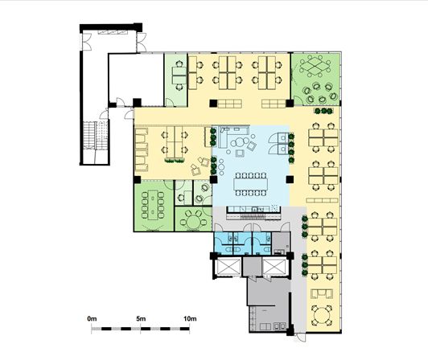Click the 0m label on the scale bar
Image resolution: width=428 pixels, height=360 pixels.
(92, 318)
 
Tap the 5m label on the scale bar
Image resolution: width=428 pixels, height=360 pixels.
(141, 318)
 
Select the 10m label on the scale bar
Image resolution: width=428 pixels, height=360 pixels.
(190, 318)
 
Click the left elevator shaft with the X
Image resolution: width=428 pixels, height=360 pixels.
(228, 267)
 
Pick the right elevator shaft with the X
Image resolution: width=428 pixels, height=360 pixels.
(274, 267)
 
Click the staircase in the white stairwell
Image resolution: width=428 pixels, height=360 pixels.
(96, 136)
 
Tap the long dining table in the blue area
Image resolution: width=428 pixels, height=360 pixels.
(250, 184)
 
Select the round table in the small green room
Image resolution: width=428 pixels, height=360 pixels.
(193, 221)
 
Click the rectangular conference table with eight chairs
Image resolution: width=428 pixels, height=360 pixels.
(153, 205)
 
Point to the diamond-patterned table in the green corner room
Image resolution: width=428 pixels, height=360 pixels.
(315, 65)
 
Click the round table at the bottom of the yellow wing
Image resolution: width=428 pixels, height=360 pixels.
(322, 316)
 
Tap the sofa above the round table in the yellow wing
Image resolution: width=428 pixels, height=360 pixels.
(322, 294)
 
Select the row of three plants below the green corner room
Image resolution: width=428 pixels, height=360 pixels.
(323, 111)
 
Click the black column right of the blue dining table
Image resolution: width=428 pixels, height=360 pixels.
(290, 179)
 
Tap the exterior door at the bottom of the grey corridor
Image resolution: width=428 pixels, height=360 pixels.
(302, 337)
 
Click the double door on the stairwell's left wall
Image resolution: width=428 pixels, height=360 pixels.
(87, 42)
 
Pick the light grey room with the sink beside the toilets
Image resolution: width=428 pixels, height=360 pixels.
(281, 243)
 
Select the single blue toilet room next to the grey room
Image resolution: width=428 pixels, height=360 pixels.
(261, 243)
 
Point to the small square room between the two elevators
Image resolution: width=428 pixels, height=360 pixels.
(252, 267)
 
